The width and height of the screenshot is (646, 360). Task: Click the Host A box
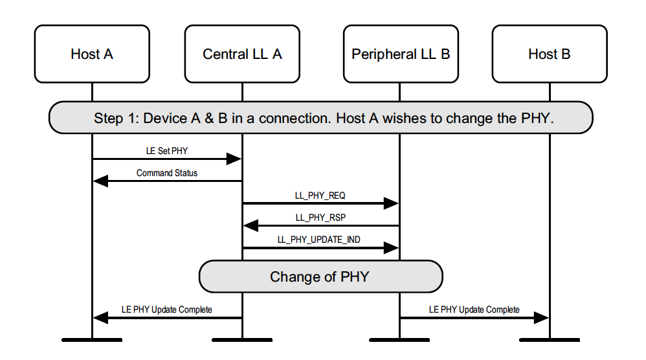click(x=92, y=54)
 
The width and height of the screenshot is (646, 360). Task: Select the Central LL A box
click(x=242, y=54)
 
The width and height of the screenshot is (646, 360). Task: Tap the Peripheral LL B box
click(x=400, y=54)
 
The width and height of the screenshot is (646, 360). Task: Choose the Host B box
click(x=549, y=54)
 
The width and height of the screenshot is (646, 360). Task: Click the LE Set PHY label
click(x=167, y=151)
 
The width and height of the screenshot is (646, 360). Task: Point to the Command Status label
click(x=167, y=173)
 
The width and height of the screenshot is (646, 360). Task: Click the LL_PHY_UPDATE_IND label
click(x=319, y=239)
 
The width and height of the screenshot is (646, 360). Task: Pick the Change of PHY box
click(x=320, y=276)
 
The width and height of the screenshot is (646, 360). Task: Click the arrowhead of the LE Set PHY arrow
click(x=234, y=159)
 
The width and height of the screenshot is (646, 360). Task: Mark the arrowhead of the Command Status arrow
click(x=100, y=181)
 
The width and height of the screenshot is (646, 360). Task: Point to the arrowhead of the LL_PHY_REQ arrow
click(x=391, y=203)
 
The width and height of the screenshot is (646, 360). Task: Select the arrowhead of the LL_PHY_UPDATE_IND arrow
click(x=391, y=248)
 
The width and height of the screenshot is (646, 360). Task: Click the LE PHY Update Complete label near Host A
click(x=167, y=309)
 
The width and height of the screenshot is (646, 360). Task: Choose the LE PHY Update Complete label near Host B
click(x=474, y=309)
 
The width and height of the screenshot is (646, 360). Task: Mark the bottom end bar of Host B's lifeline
click(x=549, y=339)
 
